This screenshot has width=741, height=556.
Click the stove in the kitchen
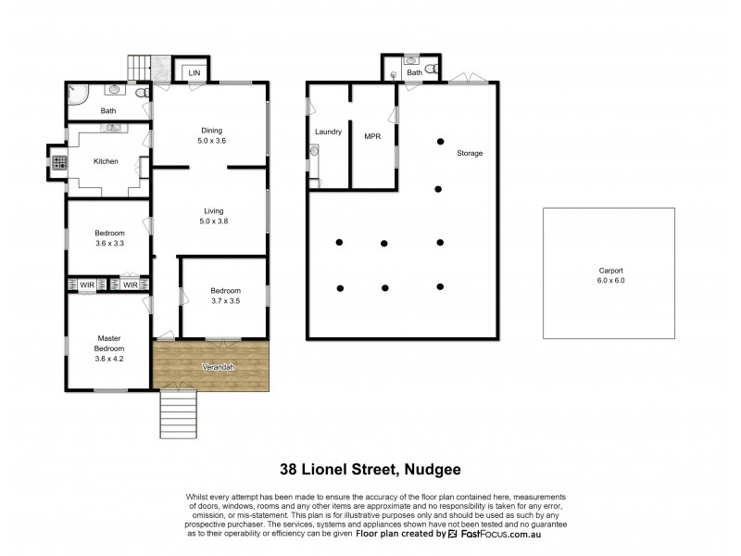59,162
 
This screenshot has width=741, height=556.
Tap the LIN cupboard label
195,72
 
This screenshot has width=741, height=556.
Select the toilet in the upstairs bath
140,93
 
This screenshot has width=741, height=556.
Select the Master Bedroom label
108,343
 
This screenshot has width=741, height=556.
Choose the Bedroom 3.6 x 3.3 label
108,237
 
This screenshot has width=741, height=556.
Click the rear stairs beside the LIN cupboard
139,68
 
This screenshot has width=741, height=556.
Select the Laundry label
328,132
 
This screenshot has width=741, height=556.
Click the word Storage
469,153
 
